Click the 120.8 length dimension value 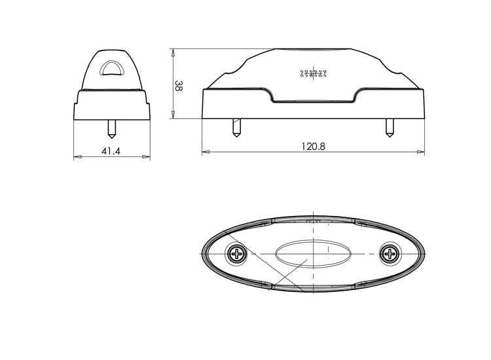coord(313,147)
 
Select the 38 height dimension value coord(178,86)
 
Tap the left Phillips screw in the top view coord(236,253)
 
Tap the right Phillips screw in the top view coord(391,253)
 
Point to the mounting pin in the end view coord(112,128)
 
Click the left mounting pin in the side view coord(236,127)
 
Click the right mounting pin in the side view coord(390,127)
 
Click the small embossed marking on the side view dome coord(314,73)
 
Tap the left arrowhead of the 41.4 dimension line coord(77,157)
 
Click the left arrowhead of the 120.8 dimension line coord(205,153)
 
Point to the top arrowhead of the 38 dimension coord(173,52)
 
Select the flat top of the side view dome coord(314,50)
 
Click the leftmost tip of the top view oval coord(200,253)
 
